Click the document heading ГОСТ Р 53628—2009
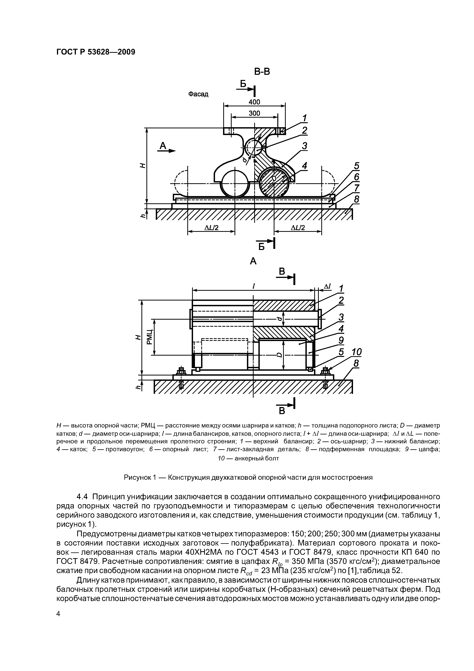point(96,52)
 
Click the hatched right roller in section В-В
point(274,183)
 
